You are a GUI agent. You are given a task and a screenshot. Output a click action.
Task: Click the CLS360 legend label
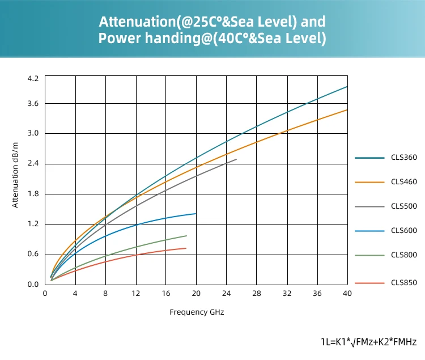[403, 157]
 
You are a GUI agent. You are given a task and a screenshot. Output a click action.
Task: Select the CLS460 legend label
[403, 182]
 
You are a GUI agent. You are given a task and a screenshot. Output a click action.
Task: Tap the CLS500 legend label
[403, 206]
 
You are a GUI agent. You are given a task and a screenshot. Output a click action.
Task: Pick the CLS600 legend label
[403, 231]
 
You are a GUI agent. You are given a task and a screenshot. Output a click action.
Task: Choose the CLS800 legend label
[403, 255]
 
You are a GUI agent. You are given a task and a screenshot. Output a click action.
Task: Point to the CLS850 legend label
[403, 282]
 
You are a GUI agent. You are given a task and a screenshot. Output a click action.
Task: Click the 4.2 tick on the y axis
[33, 78]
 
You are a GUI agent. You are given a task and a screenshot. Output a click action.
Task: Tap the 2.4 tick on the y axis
[33, 164]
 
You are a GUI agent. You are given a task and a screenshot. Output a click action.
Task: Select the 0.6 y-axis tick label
[33, 254]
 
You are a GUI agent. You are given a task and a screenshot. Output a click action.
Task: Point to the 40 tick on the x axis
[347, 293]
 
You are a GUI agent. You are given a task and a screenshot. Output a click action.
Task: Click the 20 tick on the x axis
[196, 293]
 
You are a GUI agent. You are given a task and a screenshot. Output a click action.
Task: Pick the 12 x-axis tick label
[135, 293]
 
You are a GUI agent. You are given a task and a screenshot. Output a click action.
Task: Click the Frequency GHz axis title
[197, 312]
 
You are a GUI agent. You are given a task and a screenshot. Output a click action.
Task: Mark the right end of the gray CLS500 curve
[236, 159]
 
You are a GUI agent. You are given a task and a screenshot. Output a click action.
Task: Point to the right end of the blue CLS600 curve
[196, 214]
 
